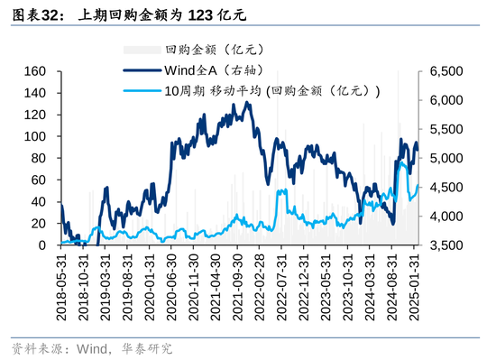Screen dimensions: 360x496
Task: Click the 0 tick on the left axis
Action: click(41, 245)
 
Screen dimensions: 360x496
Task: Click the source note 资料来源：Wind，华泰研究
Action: click(90, 348)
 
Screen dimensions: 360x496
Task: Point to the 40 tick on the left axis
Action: click(38, 202)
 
